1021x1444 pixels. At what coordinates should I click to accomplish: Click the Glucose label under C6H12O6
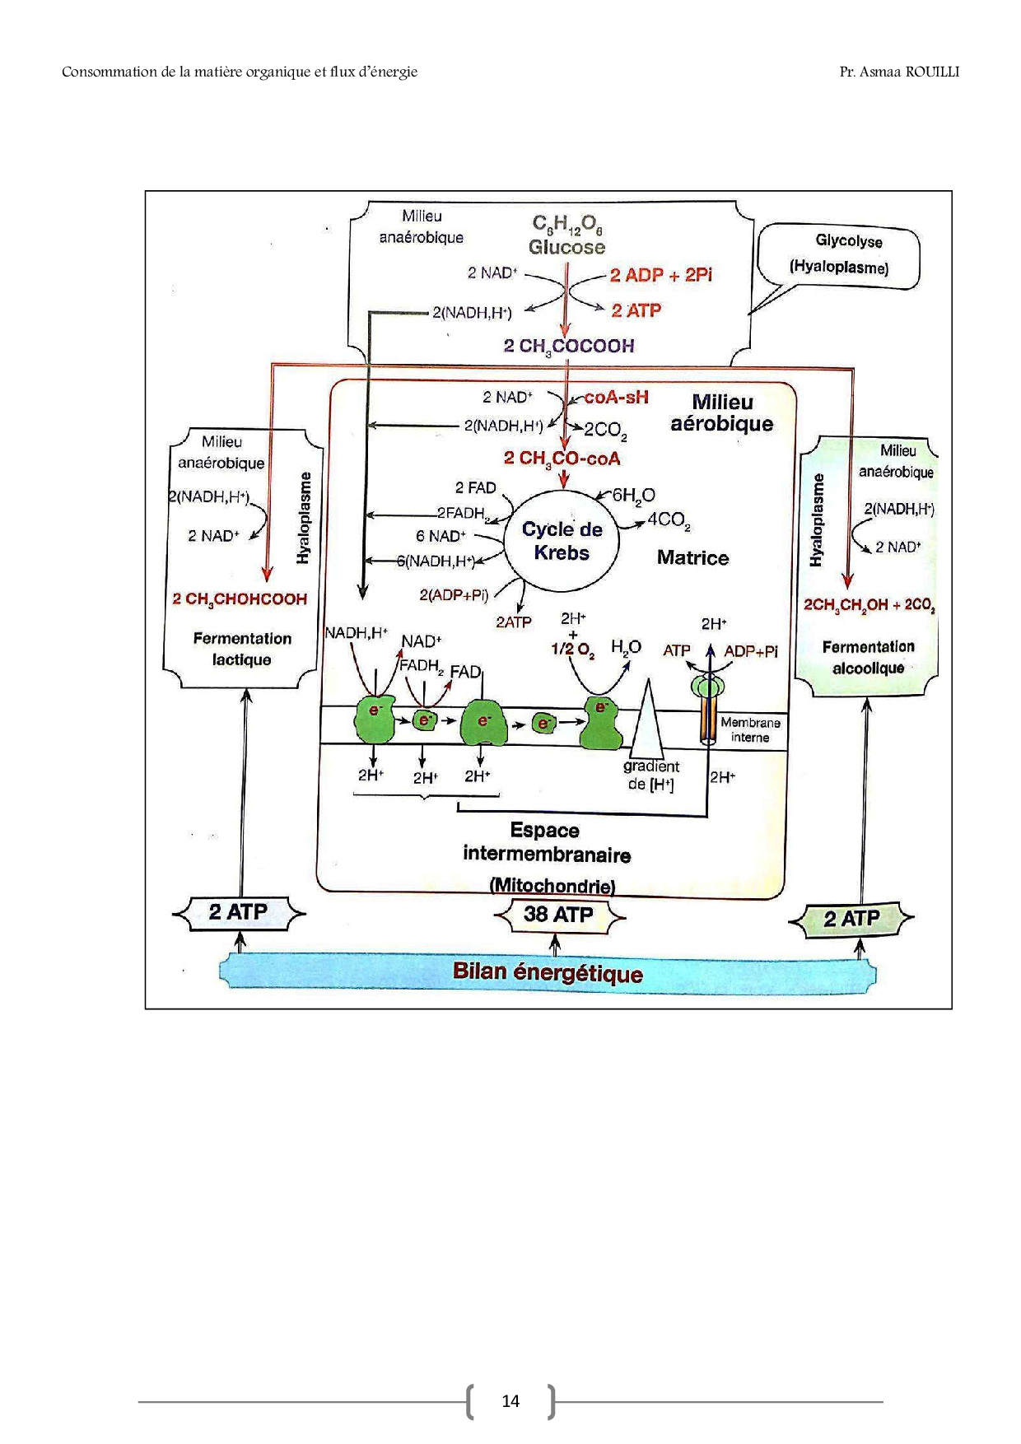[x=566, y=247]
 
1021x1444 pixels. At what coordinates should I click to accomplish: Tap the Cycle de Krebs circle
[x=562, y=541]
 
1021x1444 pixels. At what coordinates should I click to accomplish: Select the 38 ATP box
[x=558, y=915]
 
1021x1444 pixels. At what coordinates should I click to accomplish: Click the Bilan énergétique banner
[x=548, y=972]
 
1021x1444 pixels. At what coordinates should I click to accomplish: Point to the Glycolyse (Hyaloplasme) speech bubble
[x=840, y=254]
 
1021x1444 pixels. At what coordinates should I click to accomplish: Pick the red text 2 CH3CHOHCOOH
[x=240, y=599]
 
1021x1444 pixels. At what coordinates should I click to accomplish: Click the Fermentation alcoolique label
[x=868, y=657]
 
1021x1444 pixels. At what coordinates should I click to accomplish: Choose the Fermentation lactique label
[x=242, y=649]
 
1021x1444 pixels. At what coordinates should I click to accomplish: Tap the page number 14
[x=510, y=1401]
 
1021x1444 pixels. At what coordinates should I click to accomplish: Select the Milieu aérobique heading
[x=722, y=412]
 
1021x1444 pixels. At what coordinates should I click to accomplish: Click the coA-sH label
[x=616, y=398]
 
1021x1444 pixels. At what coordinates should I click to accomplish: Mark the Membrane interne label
[x=749, y=729]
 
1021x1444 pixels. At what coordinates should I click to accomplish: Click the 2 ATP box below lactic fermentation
[x=238, y=912]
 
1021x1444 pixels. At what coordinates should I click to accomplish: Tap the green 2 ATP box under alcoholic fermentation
[x=851, y=919]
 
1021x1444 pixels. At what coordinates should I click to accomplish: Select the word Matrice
[x=692, y=558]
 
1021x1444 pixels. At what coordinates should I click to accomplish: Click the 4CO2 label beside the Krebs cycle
[x=669, y=520]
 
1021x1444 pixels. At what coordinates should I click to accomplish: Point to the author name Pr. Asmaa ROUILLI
[x=899, y=72]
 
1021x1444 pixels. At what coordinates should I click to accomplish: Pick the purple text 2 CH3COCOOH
[x=569, y=346]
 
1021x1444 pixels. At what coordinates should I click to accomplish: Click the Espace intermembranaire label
[x=546, y=842]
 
